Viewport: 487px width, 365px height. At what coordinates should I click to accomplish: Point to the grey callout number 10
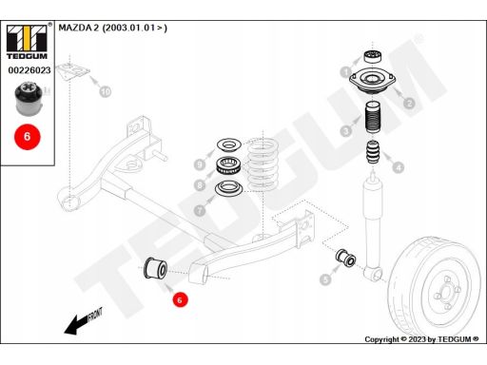106,92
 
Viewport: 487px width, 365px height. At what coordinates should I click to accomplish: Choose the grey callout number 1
345,72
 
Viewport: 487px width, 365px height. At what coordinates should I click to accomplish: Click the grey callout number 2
408,103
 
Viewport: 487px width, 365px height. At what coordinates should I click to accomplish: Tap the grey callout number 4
398,168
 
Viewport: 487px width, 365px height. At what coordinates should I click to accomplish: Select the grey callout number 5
325,279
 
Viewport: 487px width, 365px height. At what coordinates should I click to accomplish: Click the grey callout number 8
200,184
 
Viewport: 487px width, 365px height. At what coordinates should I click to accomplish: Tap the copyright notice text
421,339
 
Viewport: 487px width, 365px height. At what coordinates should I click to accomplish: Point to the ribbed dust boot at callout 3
372,125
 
